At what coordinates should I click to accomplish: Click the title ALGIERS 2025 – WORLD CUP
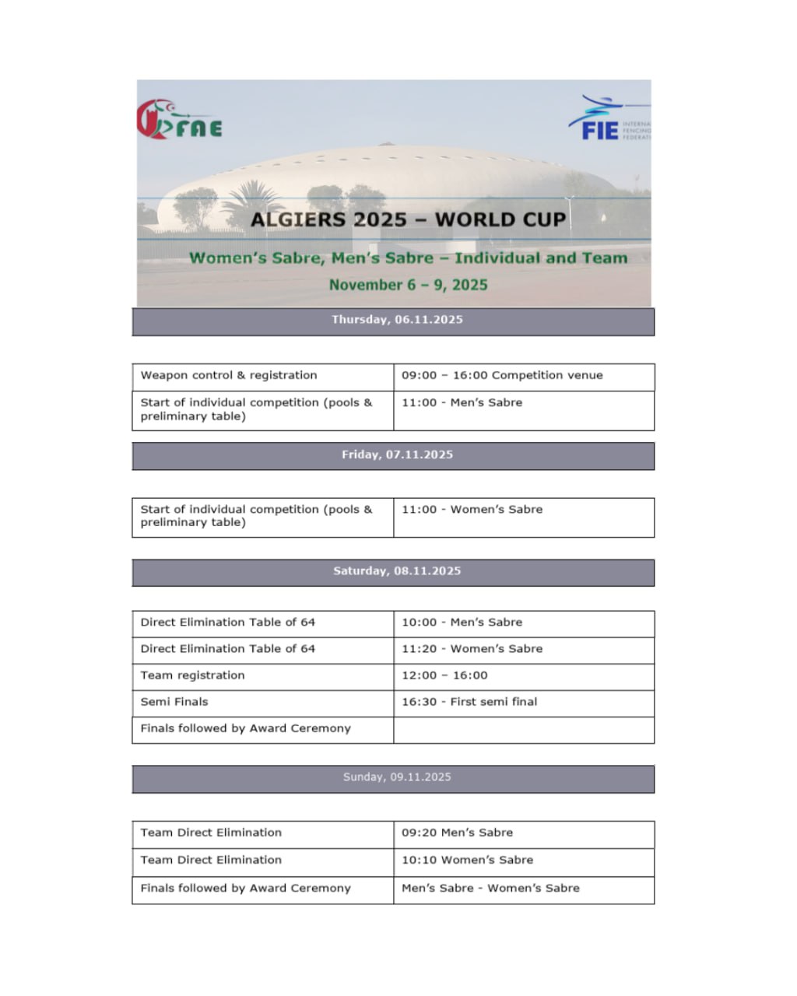pos(408,219)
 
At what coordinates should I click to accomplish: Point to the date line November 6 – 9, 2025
pos(408,285)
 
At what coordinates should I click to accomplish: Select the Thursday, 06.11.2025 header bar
pos(393,321)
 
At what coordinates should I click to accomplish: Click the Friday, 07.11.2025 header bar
pos(393,455)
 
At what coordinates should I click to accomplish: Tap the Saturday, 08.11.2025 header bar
pos(393,572)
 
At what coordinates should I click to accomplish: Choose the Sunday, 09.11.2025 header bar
pos(393,778)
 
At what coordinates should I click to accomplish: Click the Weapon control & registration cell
pos(229,376)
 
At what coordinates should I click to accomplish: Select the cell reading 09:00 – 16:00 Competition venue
pos(502,376)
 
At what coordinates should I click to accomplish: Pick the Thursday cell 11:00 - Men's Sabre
pos(462,403)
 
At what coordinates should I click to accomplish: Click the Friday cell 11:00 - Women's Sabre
pos(472,510)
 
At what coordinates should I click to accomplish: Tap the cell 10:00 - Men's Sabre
pos(462,622)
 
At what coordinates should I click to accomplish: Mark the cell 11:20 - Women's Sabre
pos(472,649)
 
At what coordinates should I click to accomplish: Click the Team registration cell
pos(192,675)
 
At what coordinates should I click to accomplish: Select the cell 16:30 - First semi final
pos(469,702)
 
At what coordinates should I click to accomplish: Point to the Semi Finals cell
pos(174,702)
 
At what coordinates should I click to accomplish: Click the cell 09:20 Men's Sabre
pos(457,833)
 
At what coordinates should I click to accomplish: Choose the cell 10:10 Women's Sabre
pos(467,861)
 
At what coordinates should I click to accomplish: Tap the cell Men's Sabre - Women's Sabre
pos(490,889)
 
